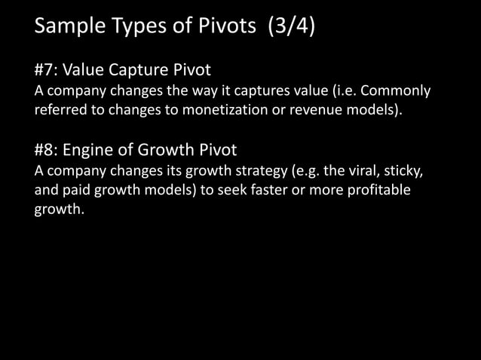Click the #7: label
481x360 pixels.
click(46, 71)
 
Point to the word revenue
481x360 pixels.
click(328, 111)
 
